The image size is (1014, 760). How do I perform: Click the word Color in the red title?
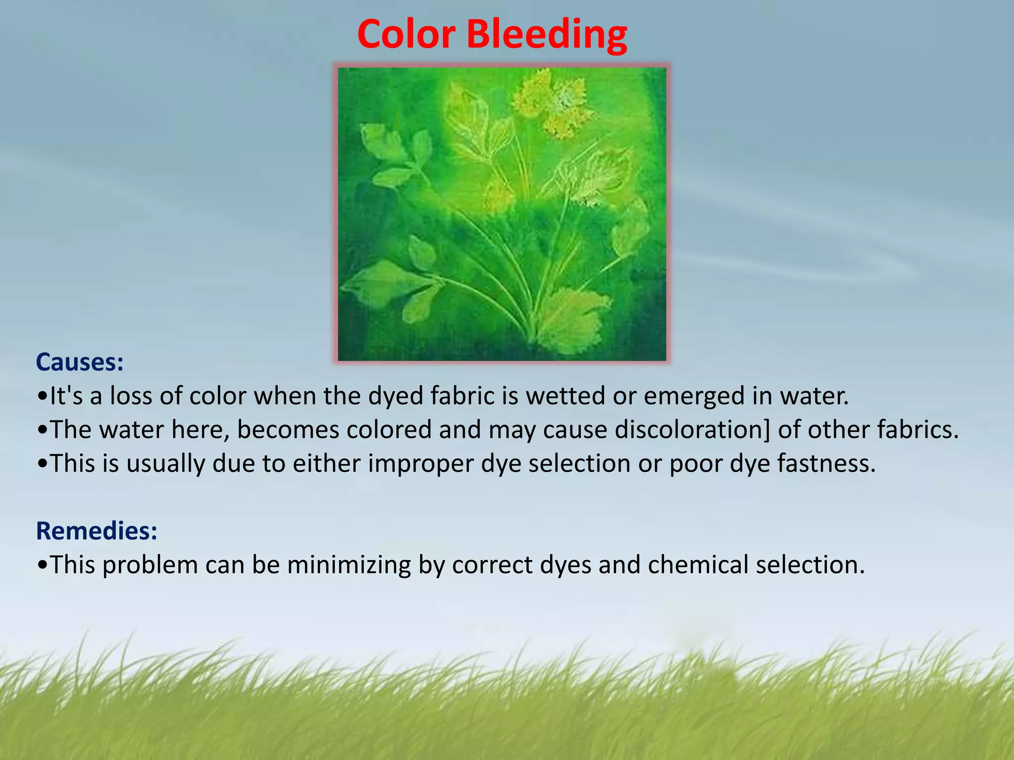406,35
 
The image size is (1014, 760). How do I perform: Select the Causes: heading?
80,362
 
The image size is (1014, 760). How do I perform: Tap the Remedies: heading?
97,531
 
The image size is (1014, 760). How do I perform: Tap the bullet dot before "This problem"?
43,565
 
